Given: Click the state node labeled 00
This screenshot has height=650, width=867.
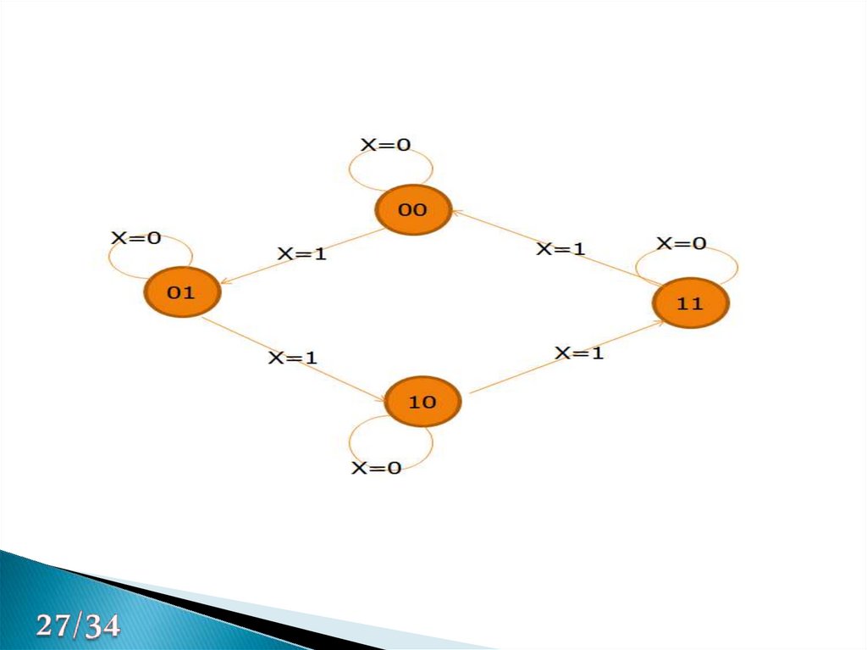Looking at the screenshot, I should tap(412, 210).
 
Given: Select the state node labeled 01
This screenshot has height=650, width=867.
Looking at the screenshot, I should tap(181, 292).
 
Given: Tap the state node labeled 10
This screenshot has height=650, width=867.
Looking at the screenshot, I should tap(422, 402).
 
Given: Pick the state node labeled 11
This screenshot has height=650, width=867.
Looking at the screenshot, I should tap(690, 303).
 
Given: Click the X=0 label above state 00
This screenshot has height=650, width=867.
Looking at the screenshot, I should tap(385, 145).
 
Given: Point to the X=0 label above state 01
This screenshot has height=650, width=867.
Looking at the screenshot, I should tap(135, 238).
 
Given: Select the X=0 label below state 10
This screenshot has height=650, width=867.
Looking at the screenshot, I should tap(376, 468).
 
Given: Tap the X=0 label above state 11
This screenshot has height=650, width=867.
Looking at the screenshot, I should tap(682, 243).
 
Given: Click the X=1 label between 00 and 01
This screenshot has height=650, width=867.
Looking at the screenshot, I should tap(301, 253).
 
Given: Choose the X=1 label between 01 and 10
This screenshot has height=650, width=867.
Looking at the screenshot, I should tap(292, 358).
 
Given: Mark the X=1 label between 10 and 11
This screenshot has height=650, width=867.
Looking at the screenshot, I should tap(579, 353).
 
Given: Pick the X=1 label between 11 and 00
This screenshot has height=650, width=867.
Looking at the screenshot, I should tap(561, 248).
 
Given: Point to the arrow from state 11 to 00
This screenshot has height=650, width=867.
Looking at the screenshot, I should tap(542, 246).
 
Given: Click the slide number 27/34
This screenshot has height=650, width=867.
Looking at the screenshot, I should tap(78, 628).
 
